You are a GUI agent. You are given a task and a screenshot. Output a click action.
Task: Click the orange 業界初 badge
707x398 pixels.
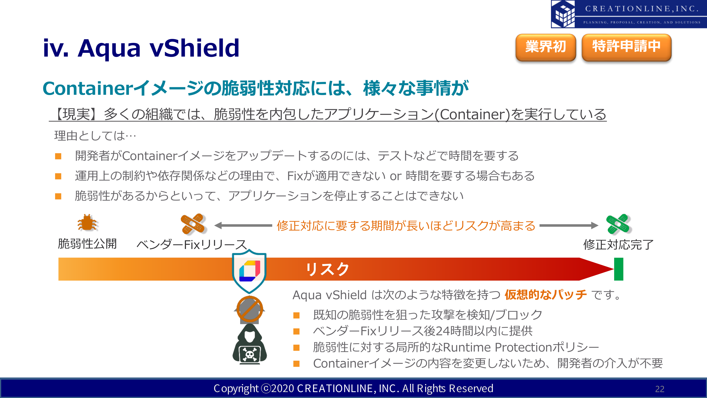546,47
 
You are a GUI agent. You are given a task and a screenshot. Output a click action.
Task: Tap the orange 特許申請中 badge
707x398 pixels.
626,47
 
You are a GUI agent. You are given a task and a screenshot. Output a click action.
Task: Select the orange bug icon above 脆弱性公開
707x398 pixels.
87,223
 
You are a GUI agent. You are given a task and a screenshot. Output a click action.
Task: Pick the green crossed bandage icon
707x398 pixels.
618,224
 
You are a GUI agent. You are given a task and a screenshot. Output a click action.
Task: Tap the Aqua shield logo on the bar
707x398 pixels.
249,271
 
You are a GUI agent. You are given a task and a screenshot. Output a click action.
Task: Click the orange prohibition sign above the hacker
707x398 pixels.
250,309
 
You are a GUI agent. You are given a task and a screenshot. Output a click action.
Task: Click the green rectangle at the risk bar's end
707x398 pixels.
619,269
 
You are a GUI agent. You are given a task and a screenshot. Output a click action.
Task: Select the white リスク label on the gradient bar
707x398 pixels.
327,269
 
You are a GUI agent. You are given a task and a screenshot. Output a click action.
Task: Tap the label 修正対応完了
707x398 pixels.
618,245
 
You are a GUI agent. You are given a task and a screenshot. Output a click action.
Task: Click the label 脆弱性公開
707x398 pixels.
87,244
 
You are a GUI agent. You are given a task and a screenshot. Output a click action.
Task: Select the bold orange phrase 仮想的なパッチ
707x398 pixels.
546,295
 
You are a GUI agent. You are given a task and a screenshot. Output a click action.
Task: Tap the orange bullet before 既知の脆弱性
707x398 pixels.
296,315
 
